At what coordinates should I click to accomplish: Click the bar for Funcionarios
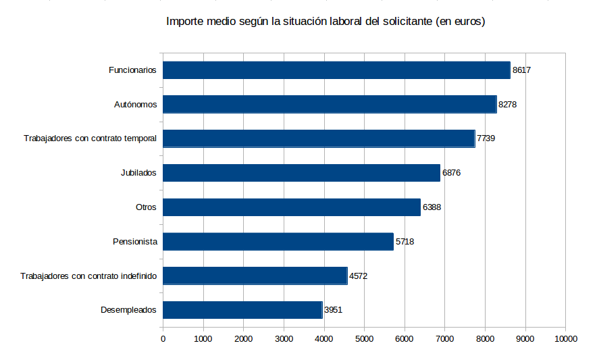click(x=336, y=70)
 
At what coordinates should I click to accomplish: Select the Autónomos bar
click(x=330, y=104)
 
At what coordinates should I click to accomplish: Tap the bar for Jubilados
click(x=301, y=173)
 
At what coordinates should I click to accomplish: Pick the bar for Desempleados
click(x=242, y=310)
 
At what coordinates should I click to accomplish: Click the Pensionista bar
click(x=278, y=241)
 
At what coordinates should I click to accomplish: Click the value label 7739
click(x=486, y=138)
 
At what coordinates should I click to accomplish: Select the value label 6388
click(x=432, y=207)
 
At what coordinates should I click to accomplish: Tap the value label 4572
click(x=358, y=276)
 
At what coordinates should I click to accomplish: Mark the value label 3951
click(x=334, y=310)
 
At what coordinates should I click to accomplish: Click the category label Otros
click(x=146, y=207)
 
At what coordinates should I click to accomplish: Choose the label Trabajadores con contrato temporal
click(x=90, y=138)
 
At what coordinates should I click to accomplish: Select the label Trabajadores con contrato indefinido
click(x=88, y=276)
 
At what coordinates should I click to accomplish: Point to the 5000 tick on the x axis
click(x=364, y=338)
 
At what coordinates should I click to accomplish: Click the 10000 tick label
click(x=565, y=338)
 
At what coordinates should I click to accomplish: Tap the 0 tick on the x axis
click(x=163, y=338)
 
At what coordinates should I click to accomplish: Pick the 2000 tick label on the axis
click(x=243, y=338)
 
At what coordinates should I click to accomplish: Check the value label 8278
click(x=507, y=105)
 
